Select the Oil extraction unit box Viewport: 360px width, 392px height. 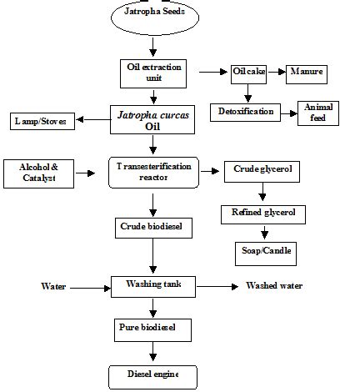tap(152, 72)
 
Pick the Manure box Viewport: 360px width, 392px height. tap(306, 73)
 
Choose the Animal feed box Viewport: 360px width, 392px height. tap(319, 112)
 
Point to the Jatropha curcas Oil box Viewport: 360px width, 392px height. tap(153, 121)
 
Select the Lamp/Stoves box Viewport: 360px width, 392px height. tap(41, 122)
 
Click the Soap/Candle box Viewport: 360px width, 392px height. tap(262, 250)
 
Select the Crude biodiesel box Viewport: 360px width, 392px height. tap(153, 227)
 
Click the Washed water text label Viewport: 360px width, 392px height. tap(274, 286)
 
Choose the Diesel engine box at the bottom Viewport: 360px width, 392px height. tap(153, 374)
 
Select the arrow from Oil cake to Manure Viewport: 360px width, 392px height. tap(277, 73)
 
